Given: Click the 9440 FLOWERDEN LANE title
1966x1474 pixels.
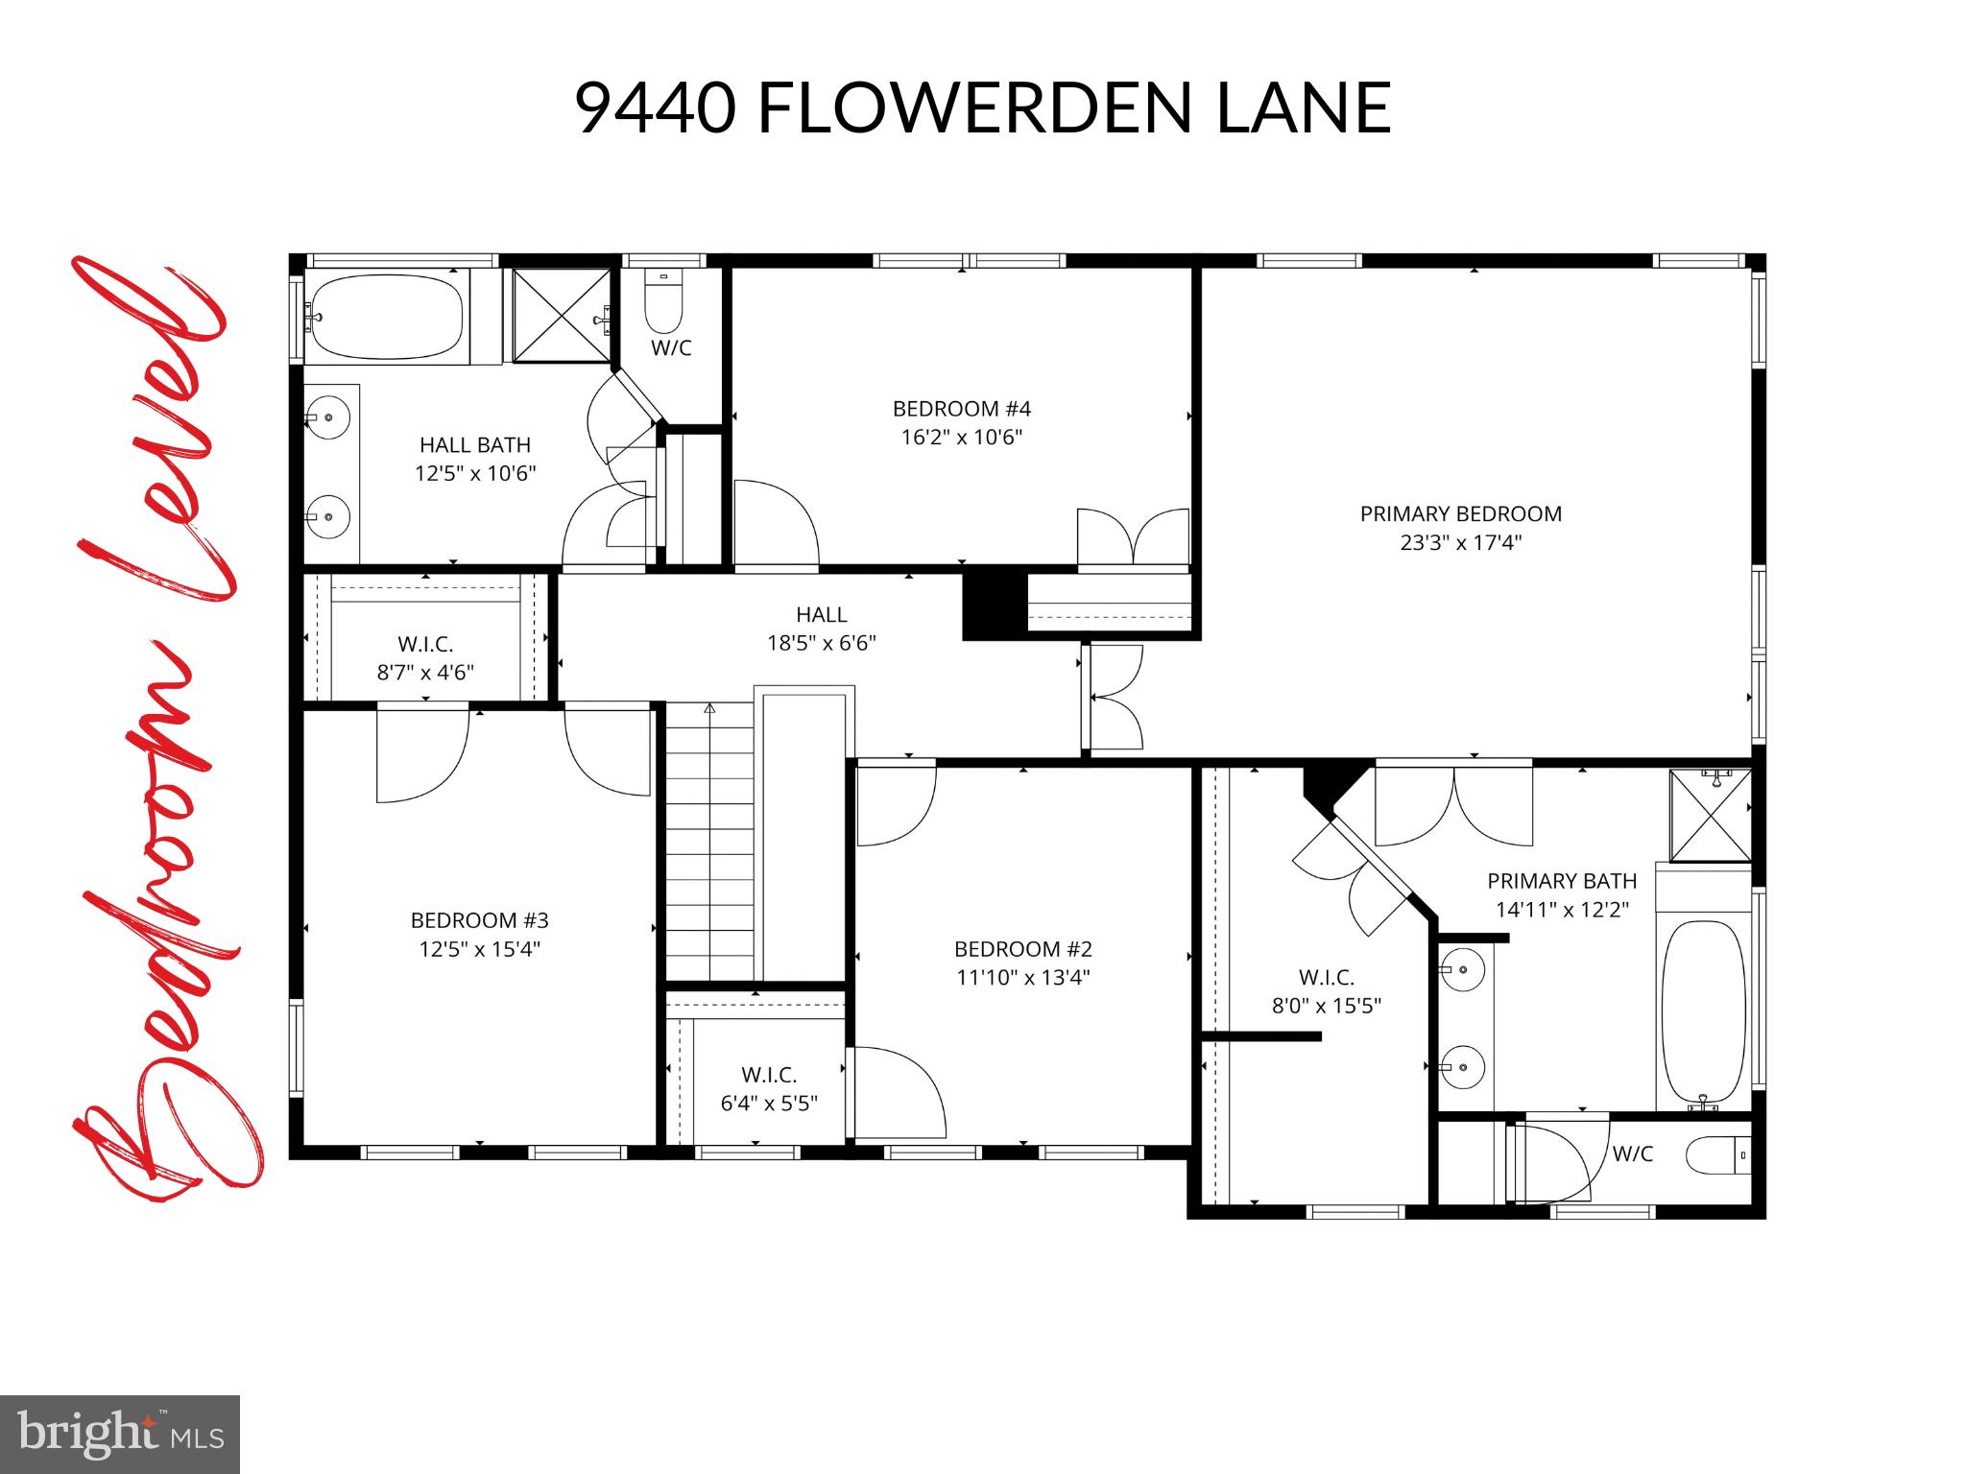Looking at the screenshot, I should tap(982, 108).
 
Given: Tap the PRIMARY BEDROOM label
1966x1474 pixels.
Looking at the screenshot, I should tap(1460, 513).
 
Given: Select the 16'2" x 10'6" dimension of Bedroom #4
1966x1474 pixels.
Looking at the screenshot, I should tap(961, 438).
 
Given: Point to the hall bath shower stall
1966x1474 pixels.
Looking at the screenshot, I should tap(562, 316).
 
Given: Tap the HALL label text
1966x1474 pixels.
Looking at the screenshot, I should tap(821, 614).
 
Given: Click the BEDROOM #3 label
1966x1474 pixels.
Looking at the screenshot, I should tap(479, 920).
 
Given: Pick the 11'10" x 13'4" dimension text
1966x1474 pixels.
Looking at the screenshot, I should tap(1022, 978).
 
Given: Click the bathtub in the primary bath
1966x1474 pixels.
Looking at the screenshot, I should tap(1703, 1012).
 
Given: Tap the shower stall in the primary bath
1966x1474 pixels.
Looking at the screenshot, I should tap(1710, 815).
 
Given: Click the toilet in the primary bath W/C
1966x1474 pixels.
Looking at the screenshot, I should tap(1716, 1154).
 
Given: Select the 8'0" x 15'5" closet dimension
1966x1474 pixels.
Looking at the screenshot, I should tap(1326, 1007).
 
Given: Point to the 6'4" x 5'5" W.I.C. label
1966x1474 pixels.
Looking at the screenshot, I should tap(768, 1104).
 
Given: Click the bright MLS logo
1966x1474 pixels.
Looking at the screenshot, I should tap(119, 1434).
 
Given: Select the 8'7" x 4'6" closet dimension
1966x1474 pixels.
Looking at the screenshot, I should tap(424, 673).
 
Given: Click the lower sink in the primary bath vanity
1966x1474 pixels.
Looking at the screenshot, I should tap(1463, 1066).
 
